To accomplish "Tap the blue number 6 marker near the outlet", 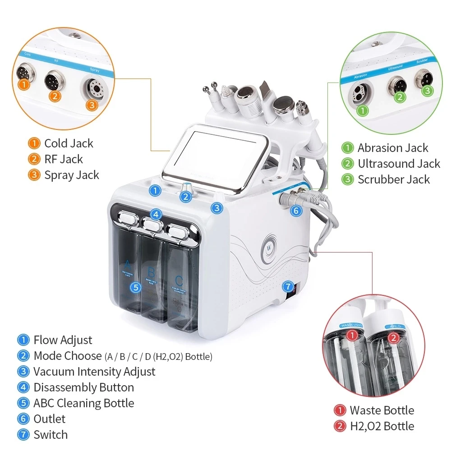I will [295, 210].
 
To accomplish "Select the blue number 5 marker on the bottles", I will [136, 287].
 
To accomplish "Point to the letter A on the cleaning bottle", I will [128, 264].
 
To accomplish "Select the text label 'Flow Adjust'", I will [63, 340].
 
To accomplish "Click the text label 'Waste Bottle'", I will [382, 410].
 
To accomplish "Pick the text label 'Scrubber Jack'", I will [394, 179].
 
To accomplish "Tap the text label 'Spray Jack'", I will [71, 175].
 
